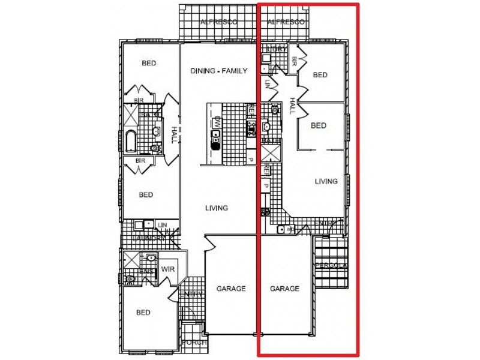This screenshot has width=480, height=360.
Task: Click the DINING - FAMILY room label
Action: click(219, 71)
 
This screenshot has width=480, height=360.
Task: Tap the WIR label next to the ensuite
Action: click(167, 269)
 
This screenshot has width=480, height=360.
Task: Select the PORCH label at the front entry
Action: click(194, 343)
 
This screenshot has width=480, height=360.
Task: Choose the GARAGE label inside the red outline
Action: click(284, 289)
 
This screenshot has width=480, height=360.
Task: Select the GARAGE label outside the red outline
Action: click(231, 289)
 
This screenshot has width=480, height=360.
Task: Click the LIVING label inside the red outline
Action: click(326, 181)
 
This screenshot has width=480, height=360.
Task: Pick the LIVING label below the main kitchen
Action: click(217, 208)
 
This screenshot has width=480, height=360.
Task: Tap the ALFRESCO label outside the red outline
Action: click(218, 22)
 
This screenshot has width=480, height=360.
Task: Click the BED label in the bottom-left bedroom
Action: click(143, 312)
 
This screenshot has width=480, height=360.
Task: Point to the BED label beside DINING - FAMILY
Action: click(148, 63)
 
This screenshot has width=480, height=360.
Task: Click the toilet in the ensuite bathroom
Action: click(130, 279)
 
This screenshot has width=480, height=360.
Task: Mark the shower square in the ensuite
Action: click(131, 260)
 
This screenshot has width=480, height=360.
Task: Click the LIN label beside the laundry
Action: click(163, 225)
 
